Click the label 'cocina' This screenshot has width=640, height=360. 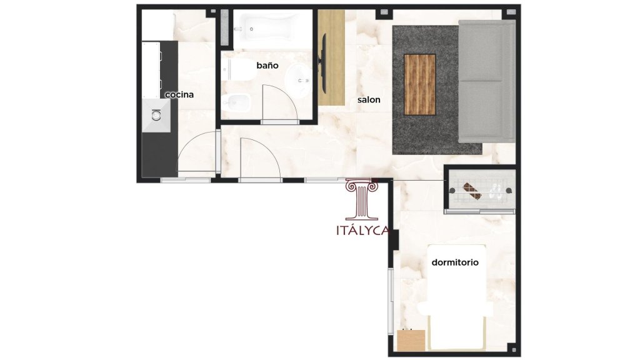coord(179,95)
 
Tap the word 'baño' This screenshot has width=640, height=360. coord(267,65)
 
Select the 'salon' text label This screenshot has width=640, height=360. coord(369,99)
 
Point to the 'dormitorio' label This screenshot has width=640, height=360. coord(455,262)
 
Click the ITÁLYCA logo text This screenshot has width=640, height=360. coord(363,231)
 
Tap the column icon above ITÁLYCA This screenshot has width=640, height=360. coord(362,199)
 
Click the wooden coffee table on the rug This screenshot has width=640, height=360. coord(419,84)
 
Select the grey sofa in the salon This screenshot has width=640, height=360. coord(486,81)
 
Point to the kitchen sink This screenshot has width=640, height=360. coord(156,116)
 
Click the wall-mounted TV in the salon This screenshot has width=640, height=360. coord(323,62)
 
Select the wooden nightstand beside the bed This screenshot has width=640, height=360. coord(411,341)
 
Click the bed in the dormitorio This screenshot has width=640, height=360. coord(457,297)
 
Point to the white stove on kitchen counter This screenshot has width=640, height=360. coord(151,69)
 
